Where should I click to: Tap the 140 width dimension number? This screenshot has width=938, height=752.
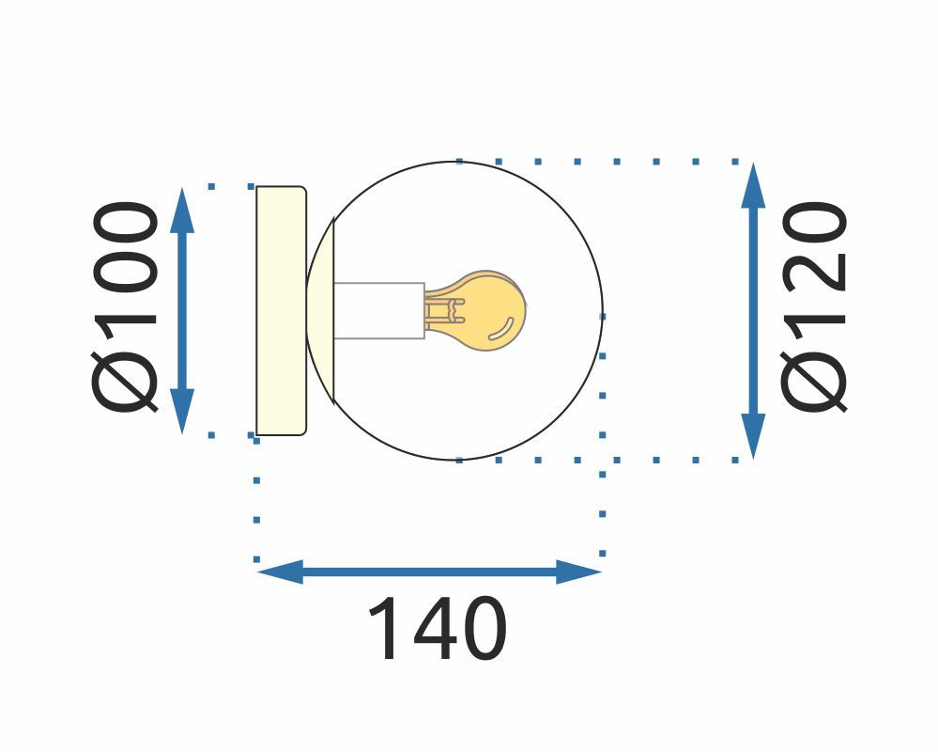(437, 630)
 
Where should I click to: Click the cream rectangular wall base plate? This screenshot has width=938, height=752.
(281, 310)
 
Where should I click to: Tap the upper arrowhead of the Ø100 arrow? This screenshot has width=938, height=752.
(183, 209)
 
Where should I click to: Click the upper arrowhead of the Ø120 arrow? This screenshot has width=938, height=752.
(753, 184)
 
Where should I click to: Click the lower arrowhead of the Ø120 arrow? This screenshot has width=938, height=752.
(753, 436)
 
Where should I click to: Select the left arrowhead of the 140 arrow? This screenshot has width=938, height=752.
(280, 572)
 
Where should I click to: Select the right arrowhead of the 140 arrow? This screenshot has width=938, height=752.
(578, 572)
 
